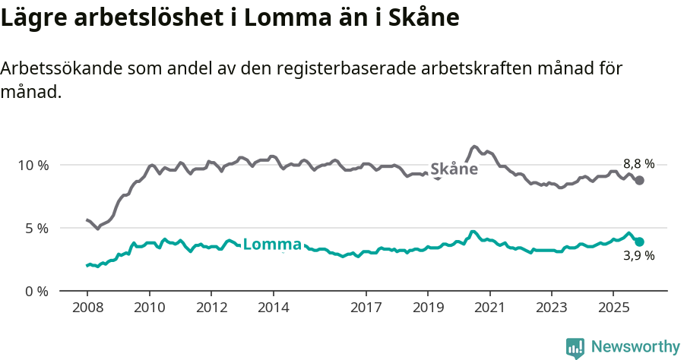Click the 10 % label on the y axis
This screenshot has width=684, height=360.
point(33,165)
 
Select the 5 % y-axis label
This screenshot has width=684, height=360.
point(36,228)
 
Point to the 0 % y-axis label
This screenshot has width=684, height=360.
point(36,291)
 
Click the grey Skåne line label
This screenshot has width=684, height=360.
point(454,169)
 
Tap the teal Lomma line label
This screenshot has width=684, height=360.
point(272,245)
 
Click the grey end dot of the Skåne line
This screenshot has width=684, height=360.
point(640,180)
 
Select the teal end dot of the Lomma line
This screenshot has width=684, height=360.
point(640,242)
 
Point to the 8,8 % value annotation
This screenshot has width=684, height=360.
point(638,163)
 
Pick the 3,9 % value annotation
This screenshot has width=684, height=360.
point(638,256)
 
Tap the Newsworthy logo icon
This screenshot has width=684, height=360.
point(575,348)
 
